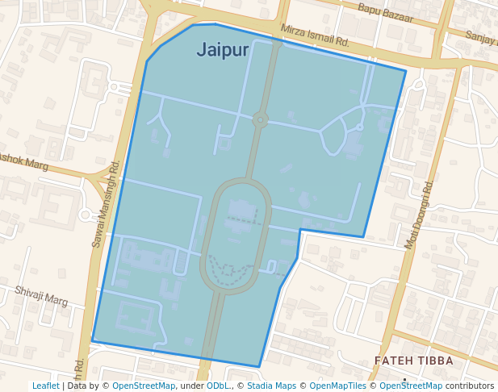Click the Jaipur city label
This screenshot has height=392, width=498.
click(223, 50)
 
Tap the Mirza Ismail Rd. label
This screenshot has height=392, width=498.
click(315, 35)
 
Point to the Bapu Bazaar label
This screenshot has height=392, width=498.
click(385, 13)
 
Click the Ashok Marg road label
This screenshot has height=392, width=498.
click(23, 161)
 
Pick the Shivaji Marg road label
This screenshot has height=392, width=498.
click(41, 295)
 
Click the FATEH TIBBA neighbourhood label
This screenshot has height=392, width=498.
click(414, 361)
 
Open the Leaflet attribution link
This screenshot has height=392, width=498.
click(45, 386)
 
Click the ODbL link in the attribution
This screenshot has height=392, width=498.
click(218, 386)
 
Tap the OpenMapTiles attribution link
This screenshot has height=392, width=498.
click(338, 386)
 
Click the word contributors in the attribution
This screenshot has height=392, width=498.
click(470, 386)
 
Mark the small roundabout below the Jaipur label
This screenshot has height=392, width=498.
click(260, 120)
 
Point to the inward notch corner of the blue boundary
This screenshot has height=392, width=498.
click(300, 230)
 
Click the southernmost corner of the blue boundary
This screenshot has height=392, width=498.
click(259, 367)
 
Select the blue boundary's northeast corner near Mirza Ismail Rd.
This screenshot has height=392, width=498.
click(405, 71)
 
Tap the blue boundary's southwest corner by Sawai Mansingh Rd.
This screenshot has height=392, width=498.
click(92, 340)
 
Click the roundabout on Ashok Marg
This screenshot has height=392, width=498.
click(86, 215)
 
